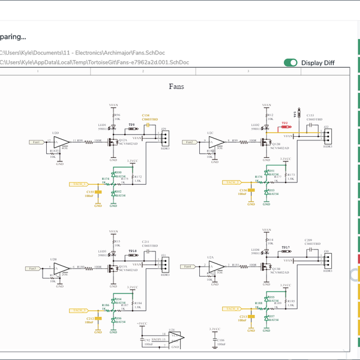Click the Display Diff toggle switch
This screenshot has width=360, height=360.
[291, 62]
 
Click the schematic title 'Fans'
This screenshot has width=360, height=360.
[176, 86]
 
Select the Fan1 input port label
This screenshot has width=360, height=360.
[37, 142]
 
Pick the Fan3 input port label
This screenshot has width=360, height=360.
[34, 268]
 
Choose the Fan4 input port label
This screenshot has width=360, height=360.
[188, 266]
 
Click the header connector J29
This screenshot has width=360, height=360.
[164, 138]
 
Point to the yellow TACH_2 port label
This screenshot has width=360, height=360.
[232, 182]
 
